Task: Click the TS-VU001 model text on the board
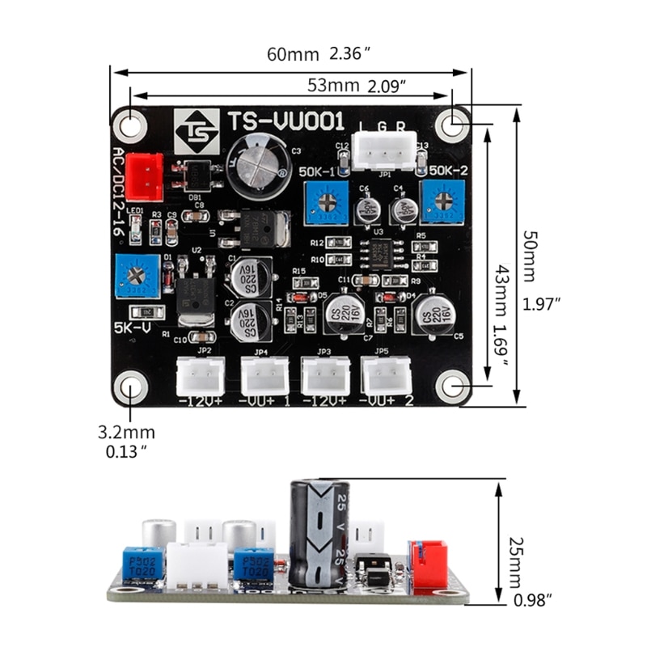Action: [285, 122]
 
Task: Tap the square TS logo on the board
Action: [197, 131]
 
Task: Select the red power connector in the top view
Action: [144, 176]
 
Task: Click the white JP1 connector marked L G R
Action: [385, 150]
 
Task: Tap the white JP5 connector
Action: [387, 375]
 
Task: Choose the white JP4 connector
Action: [264, 375]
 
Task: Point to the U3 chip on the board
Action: [379, 252]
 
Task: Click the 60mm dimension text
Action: [294, 55]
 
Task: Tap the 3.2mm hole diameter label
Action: [126, 434]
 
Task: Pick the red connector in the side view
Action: [428, 564]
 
